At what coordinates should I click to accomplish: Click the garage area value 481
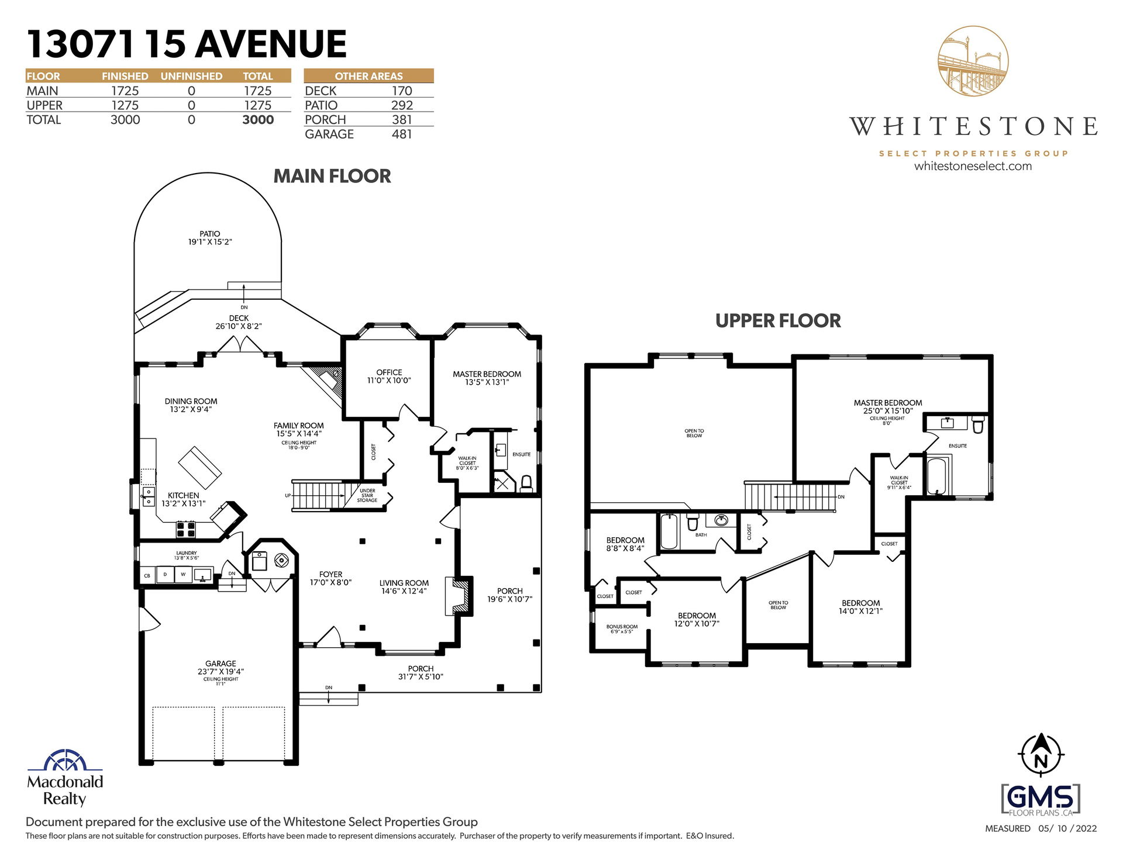pos(402,134)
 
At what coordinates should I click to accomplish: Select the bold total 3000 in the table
pos(258,120)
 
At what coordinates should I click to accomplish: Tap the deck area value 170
pos(402,91)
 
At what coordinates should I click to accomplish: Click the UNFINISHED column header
pos(191,76)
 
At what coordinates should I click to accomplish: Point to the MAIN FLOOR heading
pos(332,176)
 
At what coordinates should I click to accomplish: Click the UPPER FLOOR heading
pos(778,320)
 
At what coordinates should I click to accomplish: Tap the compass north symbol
pos(1041,755)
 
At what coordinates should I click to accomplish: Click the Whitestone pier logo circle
pos(973,61)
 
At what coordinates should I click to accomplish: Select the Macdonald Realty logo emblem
pos(65,759)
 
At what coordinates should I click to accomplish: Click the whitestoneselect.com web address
pos(973,166)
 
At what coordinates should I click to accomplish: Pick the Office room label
pos(389,372)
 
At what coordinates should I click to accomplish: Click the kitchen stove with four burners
pos(186,529)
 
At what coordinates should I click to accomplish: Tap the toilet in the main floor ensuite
pos(526,483)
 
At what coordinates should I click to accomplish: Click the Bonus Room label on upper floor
pos(622,627)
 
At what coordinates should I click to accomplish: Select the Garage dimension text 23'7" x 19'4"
pos(221,672)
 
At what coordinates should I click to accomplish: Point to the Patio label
pos(210,234)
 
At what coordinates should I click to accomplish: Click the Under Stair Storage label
pos(367,496)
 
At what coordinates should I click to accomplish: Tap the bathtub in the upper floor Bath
pos(669,531)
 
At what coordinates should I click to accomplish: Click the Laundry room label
pos(187,553)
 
